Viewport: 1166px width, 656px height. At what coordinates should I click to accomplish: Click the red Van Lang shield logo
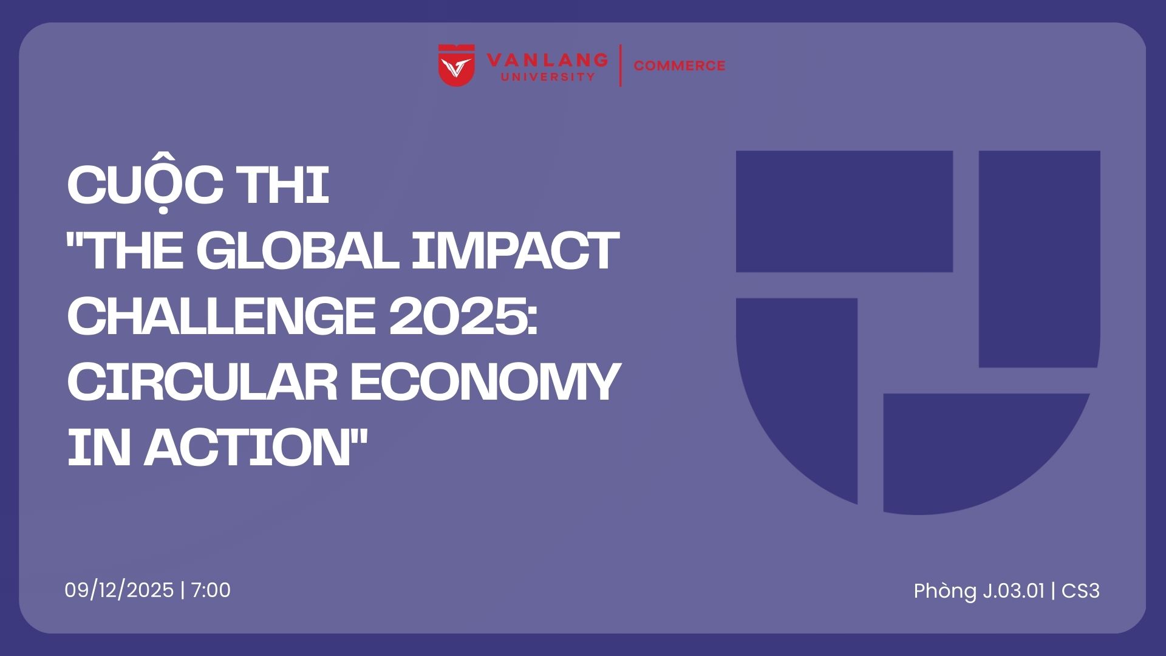point(457,65)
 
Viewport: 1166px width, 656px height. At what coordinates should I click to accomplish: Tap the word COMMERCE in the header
point(680,66)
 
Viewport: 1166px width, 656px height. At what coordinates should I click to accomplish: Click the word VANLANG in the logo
point(547,60)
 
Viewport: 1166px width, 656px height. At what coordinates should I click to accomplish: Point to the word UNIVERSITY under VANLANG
point(547,77)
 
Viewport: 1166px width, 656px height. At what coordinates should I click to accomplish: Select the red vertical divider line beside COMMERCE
point(620,65)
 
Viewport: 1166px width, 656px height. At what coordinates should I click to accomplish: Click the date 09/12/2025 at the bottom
point(119,590)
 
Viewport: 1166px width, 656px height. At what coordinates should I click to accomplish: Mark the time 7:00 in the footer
point(211,590)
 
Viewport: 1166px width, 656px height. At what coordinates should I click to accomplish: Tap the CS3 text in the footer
point(1081,591)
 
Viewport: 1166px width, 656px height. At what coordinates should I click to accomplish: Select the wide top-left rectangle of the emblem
point(844,211)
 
